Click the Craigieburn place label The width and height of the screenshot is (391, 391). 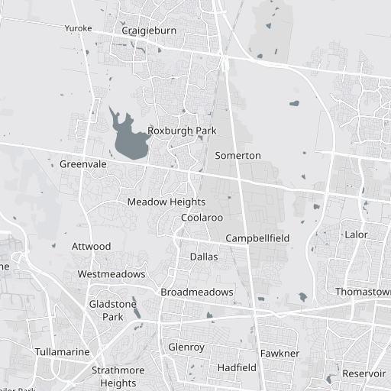click(x=149, y=31)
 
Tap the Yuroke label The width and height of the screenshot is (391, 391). click(x=78, y=28)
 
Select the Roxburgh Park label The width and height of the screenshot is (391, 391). click(x=182, y=131)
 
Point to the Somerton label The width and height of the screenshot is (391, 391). click(x=238, y=156)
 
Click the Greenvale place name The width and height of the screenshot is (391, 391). click(x=82, y=164)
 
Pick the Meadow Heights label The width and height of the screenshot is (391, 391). click(x=166, y=202)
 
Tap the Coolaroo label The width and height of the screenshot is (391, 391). click(x=202, y=218)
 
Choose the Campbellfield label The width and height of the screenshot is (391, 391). click(x=257, y=238)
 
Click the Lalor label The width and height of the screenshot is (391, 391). click(x=356, y=234)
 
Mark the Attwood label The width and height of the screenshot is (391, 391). click(x=91, y=247)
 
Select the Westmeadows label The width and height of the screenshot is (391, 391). click(x=111, y=274)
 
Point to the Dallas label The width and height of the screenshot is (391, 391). click(x=203, y=257)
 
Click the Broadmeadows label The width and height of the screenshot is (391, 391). click(x=196, y=292)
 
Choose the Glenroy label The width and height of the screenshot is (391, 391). click(x=186, y=347)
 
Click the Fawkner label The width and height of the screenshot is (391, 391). click(x=280, y=354)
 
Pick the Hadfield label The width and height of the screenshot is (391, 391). click(x=237, y=367)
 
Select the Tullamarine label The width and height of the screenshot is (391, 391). click(x=62, y=352)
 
